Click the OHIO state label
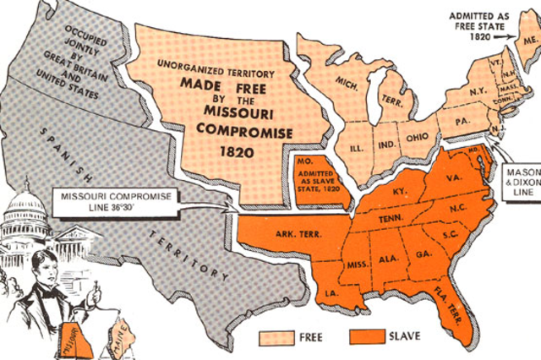pos(416,140)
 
